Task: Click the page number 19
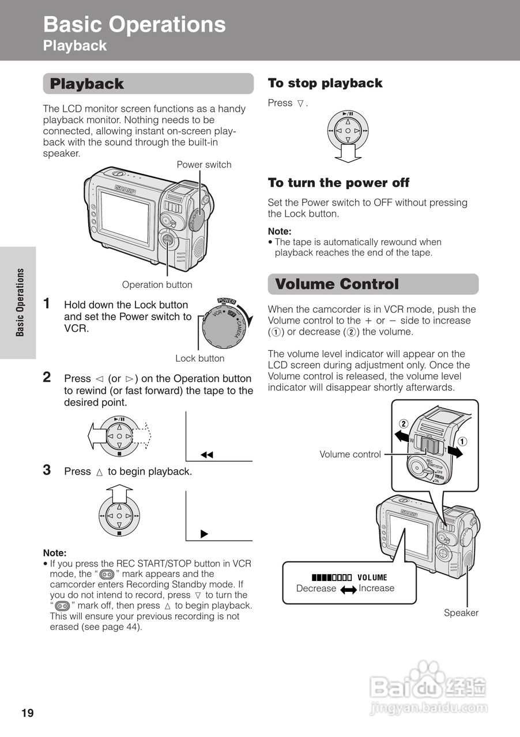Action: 28,713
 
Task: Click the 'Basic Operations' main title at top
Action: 134,24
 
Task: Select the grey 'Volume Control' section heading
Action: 337,284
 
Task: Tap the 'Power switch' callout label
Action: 204,165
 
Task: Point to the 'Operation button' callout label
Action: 157,284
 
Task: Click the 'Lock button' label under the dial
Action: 200,358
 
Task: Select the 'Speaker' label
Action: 461,613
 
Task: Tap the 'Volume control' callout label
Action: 350,454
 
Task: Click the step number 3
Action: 47,470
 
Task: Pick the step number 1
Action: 47,303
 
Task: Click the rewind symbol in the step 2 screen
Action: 207,455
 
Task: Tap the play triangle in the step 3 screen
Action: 204,534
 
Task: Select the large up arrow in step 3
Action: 119,493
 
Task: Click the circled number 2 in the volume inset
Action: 404,424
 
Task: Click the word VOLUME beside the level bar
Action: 372,578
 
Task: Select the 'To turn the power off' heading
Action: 338,183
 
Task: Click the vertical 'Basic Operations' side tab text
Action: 20,302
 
